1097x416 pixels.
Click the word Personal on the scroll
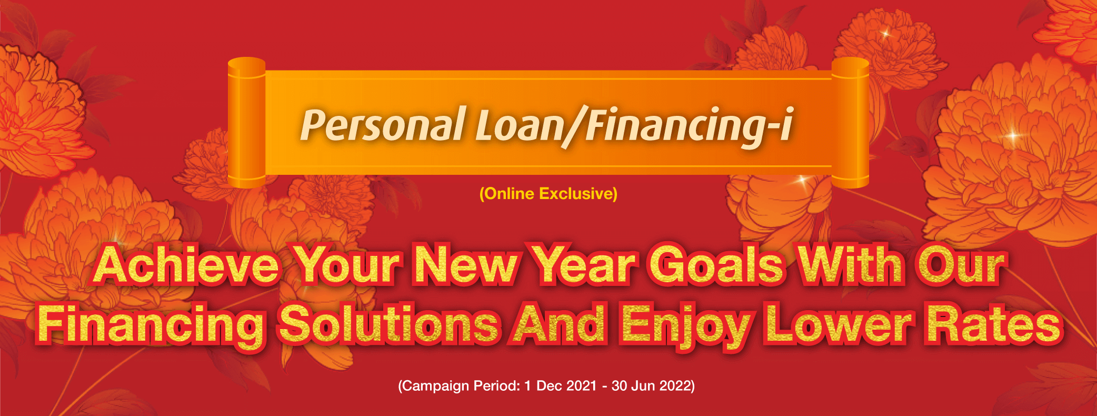(x=383, y=125)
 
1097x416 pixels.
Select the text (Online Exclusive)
(x=548, y=194)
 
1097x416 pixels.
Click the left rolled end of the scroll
(x=246, y=122)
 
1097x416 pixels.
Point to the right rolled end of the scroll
(x=850, y=122)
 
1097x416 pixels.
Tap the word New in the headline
(x=466, y=265)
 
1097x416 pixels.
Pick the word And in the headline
(x=559, y=324)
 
